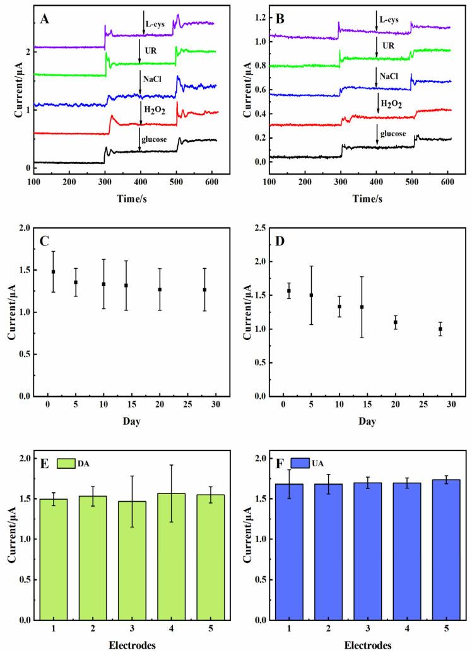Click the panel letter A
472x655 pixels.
pyautogui.click(x=45, y=18)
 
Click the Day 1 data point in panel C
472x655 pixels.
pyautogui.click(x=53, y=271)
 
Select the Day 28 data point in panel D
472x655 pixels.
pyautogui.click(x=440, y=329)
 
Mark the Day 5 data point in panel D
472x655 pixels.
pyautogui.click(x=311, y=295)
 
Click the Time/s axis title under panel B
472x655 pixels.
pyautogui.click(x=358, y=198)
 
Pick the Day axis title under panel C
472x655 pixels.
pyautogui.click(x=128, y=418)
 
